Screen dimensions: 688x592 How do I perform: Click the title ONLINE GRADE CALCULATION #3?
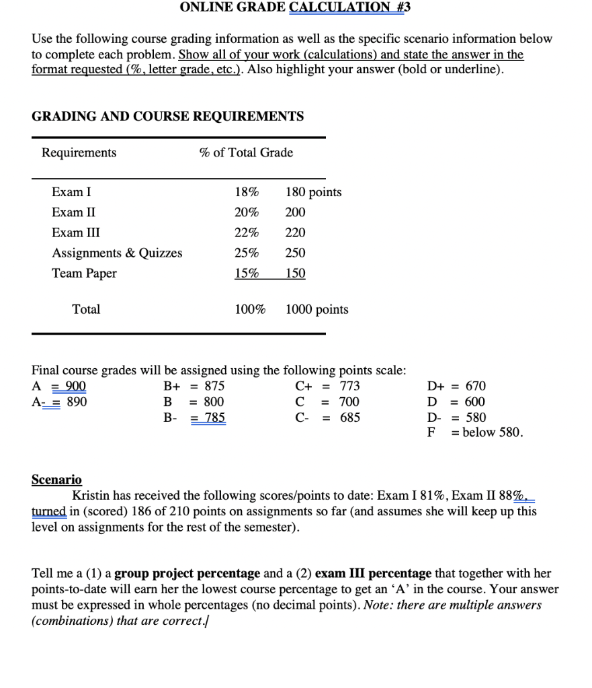(295, 7)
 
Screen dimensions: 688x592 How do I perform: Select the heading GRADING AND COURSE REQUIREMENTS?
(167, 116)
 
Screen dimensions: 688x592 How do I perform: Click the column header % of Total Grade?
(246, 153)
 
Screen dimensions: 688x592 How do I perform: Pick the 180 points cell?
(313, 192)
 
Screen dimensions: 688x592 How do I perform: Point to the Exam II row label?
(73, 212)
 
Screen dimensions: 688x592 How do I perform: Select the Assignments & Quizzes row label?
(117, 253)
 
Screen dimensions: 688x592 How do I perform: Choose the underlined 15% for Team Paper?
(247, 273)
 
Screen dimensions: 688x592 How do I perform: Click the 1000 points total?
(316, 309)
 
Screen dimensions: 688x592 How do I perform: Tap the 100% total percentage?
(249, 309)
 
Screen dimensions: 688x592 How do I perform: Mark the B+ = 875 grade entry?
(194, 386)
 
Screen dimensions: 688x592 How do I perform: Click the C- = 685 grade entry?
(327, 417)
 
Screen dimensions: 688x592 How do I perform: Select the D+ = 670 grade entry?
(456, 386)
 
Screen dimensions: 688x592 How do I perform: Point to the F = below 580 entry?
(474, 432)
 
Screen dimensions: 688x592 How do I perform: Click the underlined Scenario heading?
(56, 480)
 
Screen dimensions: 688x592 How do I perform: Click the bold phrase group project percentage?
(187, 574)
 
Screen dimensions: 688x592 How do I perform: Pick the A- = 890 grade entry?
(59, 402)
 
